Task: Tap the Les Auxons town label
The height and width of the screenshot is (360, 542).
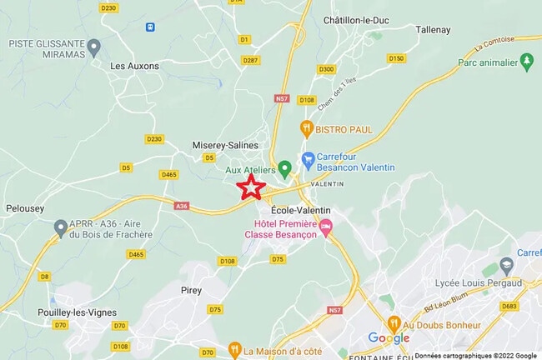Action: coord(135,65)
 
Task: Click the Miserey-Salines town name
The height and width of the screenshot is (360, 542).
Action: coord(225,144)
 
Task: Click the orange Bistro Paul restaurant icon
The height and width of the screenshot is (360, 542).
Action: coord(307,129)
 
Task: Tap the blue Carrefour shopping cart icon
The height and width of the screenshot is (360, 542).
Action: coord(308,158)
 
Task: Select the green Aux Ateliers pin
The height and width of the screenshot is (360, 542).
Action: coord(284,169)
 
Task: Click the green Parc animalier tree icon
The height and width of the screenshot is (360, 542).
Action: coord(526,61)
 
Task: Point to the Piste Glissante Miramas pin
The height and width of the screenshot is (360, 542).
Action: coord(93,46)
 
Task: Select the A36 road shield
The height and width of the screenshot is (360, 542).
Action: coord(182,205)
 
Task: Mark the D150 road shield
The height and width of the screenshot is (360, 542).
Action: coord(396,58)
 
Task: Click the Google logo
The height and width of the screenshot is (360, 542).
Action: coord(389,338)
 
